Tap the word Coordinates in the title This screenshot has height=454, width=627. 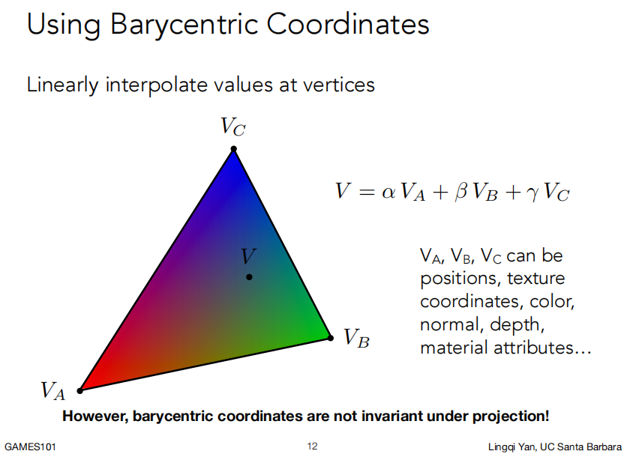click(x=348, y=24)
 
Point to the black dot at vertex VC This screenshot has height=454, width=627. click(x=233, y=149)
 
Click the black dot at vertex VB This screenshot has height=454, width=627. click(x=331, y=338)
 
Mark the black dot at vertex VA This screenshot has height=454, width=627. click(x=80, y=390)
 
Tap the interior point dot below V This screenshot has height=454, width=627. click(x=249, y=276)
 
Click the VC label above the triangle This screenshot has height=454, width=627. click(x=233, y=126)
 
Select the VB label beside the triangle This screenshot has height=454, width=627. click(x=357, y=338)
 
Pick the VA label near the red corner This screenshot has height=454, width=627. click(x=52, y=390)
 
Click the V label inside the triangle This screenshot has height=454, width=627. click(x=249, y=256)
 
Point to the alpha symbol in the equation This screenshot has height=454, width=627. click(x=388, y=192)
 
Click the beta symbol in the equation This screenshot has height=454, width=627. click(x=460, y=191)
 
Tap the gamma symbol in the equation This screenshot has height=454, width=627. click(x=533, y=193)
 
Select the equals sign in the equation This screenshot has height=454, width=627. click(x=367, y=192)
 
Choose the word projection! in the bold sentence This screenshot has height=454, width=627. click(x=511, y=417)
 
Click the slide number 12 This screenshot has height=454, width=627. click(x=312, y=446)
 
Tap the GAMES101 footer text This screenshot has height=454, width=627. click(x=31, y=447)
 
